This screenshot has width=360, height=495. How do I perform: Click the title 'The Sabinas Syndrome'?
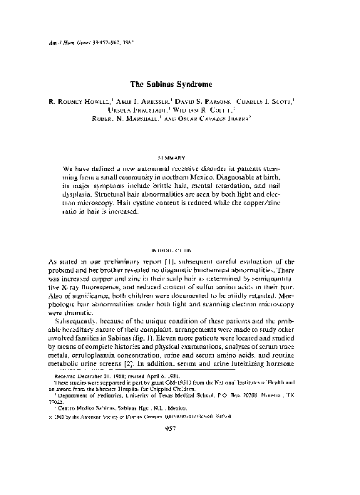click(180, 83)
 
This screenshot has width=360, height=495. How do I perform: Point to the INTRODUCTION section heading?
click(180, 251)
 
